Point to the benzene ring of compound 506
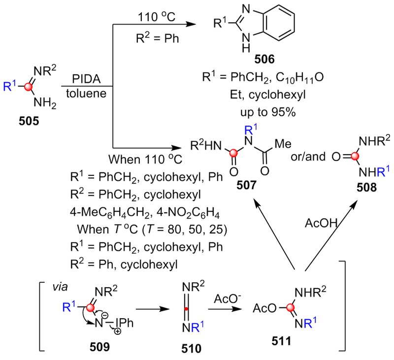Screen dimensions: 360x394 281,21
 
